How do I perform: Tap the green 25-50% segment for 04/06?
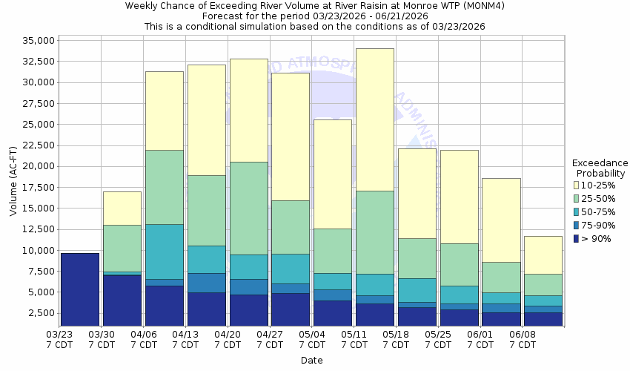click(164, 187)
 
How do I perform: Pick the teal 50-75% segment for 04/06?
click(164, 252)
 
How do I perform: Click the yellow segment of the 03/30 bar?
click(122, 209)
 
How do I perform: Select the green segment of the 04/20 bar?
click(248, 209)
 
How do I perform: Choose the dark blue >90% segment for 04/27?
click(291, 309)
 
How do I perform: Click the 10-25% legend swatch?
click(577, 185)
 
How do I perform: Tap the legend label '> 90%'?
click(597, 238)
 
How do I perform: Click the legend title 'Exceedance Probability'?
click(600, 168)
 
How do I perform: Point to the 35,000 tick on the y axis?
click(35, 40)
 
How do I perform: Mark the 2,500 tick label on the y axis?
click(38, 313)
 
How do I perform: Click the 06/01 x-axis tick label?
click(481, 340)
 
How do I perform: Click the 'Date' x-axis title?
click(312, 360)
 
